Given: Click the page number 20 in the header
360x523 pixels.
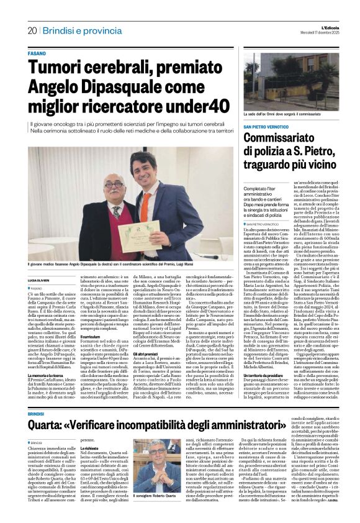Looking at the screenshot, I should tap(32, 30).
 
